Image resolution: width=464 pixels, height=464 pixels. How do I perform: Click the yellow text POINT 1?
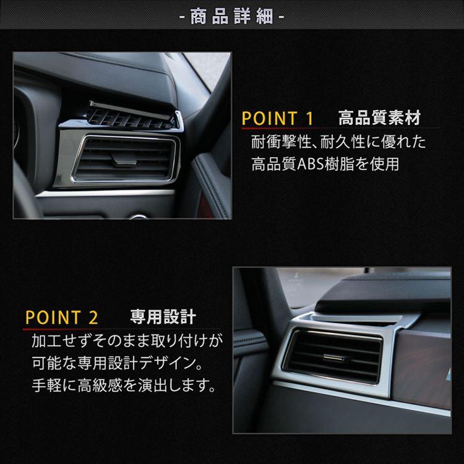278,118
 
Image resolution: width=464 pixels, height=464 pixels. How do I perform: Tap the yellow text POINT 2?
62,319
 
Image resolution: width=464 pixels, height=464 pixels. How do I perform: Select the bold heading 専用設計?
163,318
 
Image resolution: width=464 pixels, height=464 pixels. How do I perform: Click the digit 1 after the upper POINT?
309,118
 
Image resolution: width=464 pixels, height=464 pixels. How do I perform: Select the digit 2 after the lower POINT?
93,319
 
